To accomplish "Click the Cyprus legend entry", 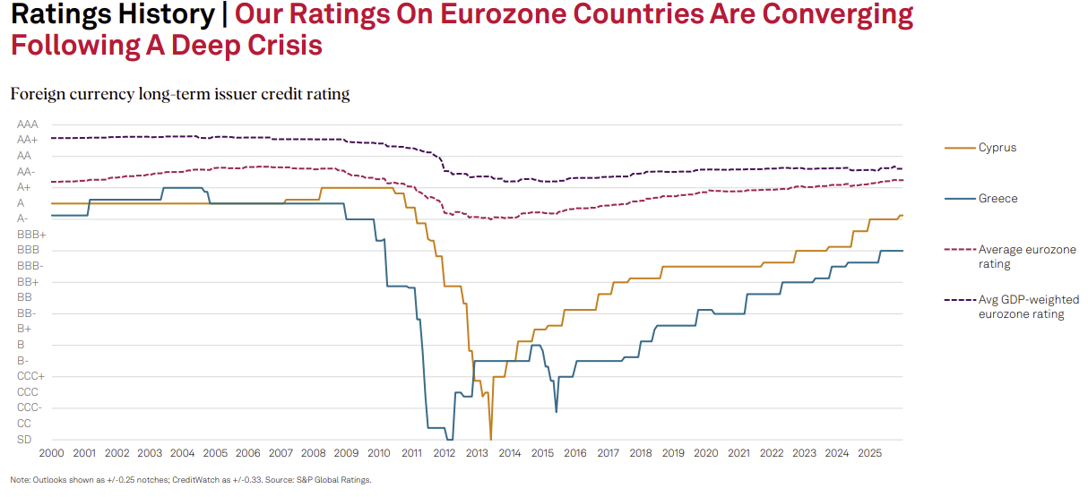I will point(997,148).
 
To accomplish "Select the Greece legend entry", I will point(997,199).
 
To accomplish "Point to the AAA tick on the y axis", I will point(28,124).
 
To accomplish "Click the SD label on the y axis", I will point(24,439).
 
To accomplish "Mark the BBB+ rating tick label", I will point(31,235).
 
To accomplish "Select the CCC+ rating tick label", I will point(30,376).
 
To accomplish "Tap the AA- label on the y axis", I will point(27,171).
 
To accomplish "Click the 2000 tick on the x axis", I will point(51,453).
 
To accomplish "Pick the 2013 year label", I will point(477,453).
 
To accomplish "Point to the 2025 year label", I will point(869,453).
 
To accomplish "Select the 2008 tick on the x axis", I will point(313,453).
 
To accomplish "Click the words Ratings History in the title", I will point(112,15).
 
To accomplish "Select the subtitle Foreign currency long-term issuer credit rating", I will point(179,93).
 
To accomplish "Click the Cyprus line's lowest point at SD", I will point(491,438).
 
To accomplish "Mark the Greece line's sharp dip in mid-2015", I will point(557,411).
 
